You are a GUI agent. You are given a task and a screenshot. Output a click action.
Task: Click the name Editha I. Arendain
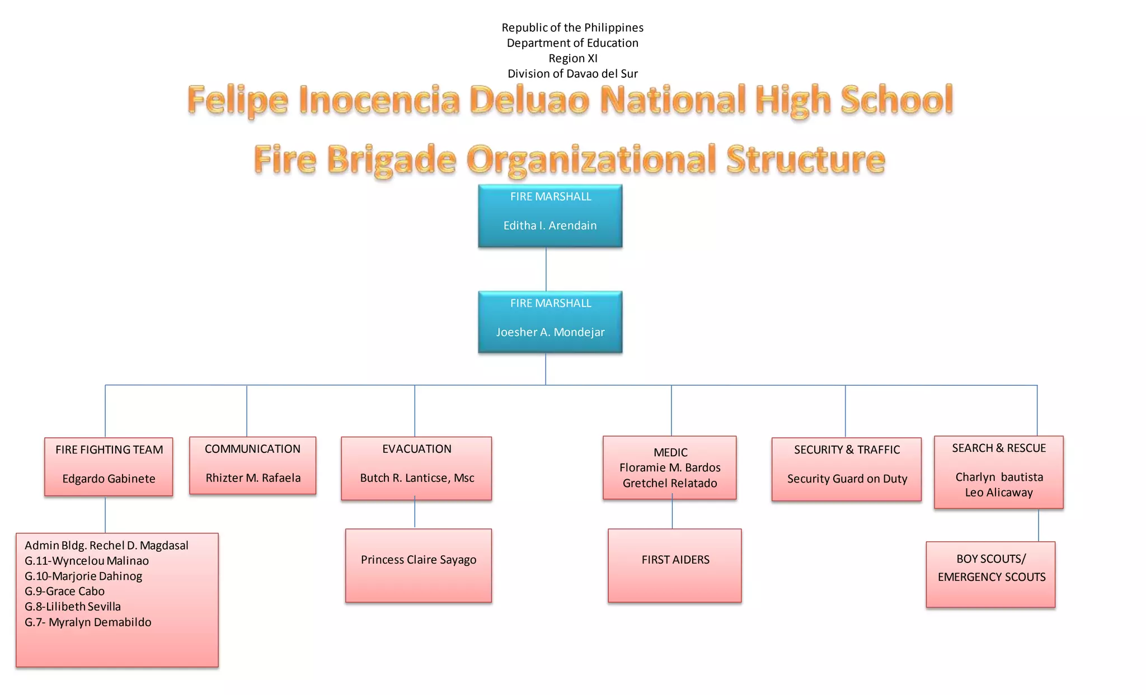pyautogui.click(x=550, y=225)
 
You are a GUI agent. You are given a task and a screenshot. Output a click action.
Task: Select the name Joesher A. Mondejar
pyautogui.click(x=550, y=332)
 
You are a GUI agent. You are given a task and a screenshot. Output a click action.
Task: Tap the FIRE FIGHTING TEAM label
pyautogui.click(x=109, y=450)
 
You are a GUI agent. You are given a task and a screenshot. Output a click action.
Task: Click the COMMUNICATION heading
pyautogui.click(x=252, y=448)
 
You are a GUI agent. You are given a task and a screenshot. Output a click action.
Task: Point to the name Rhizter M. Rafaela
pyautogui.click(x=253, y=477)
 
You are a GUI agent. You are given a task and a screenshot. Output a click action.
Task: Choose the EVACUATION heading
pyautogui.click(x=417, y=448)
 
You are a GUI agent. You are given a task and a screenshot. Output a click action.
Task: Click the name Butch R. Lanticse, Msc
pyautogui.click(x=417, y=477)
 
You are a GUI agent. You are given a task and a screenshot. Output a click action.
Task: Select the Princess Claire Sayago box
pyautogui.click(x=419, y=565)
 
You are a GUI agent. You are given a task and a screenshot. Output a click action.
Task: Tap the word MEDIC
pyautogui.click(x=670, y=452)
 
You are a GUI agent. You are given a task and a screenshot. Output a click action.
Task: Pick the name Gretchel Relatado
pyautogui.click(x=670, y=483)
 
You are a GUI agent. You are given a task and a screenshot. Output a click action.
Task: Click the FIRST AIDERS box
pyautogui.click(x=675, y=565)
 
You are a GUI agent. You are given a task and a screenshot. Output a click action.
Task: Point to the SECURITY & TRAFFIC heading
pyautogui.click(x=847, y=450)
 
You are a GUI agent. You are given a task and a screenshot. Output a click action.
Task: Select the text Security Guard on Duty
pyautogui.click(x=847, y=479)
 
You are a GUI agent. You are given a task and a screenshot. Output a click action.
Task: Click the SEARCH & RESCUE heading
pyautogui.click(x=999, y=448)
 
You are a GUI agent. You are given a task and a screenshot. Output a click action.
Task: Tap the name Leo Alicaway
pyautogui.click(x=999, y=493)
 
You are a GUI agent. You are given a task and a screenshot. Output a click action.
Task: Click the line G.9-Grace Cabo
pyautogui.click(x=64, y=591)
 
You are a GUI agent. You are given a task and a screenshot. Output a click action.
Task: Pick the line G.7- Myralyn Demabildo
pyautogui.click(x=88, y=622)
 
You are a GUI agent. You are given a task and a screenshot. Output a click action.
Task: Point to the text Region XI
pyautogui.click(x=573, y=58)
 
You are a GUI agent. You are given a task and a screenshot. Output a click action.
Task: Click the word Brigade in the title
pyautogui.click(x=392, y=160)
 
